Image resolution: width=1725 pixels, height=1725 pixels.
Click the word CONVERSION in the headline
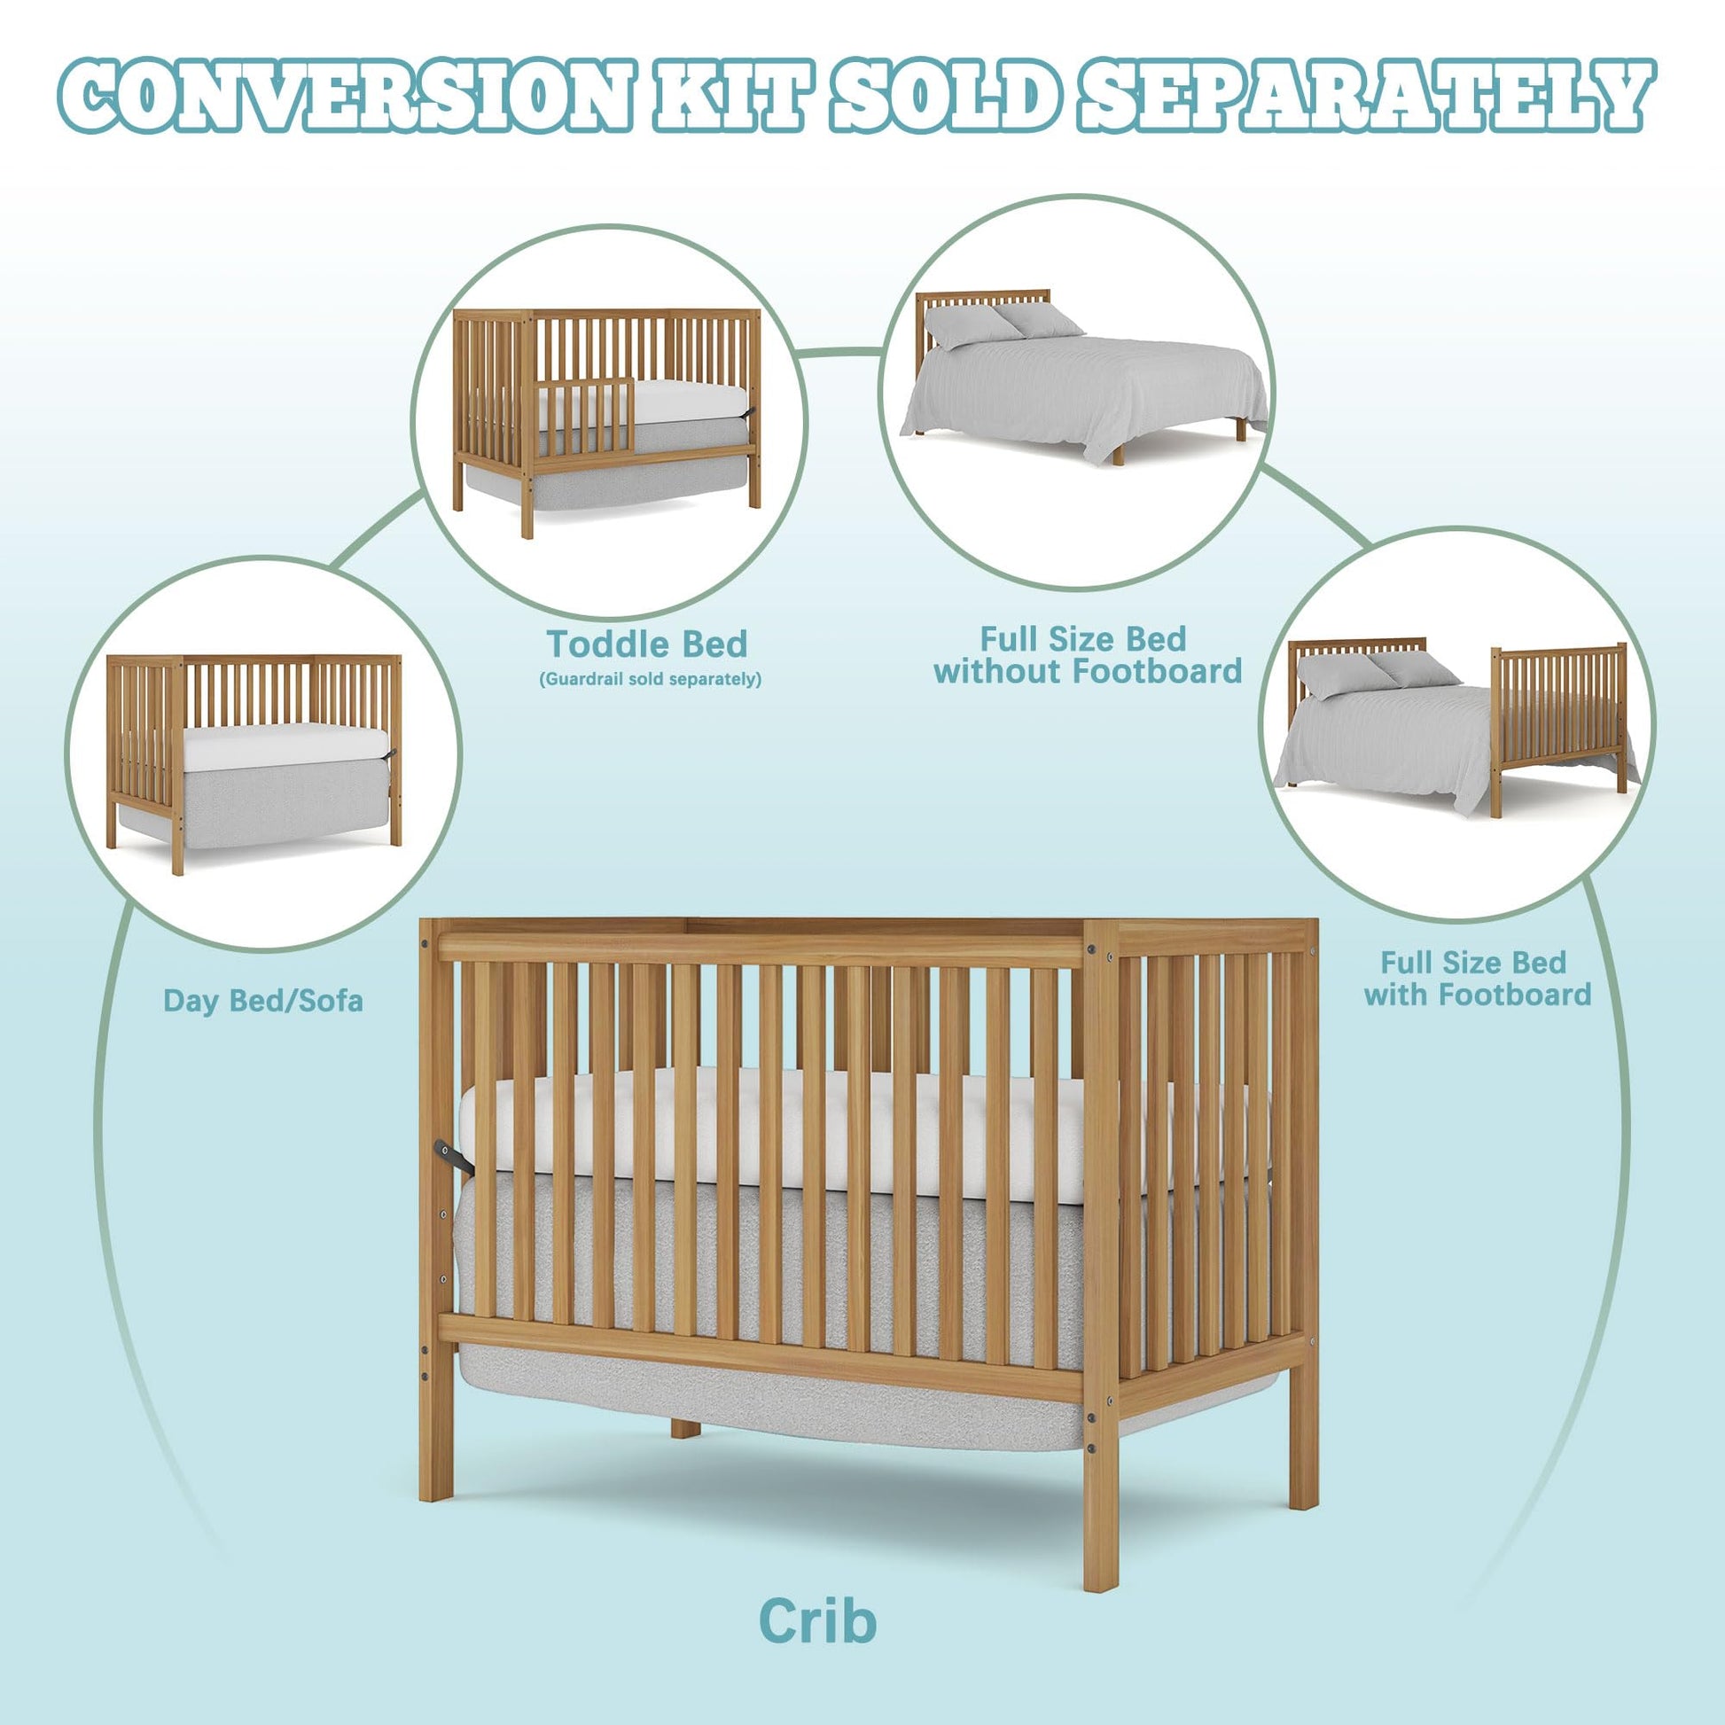347,97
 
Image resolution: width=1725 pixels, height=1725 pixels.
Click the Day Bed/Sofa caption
263,1001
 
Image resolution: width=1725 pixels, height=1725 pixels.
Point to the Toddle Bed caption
647,644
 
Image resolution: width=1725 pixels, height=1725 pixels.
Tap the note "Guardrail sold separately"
650,680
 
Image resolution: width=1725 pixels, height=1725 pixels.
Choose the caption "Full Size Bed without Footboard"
1088,654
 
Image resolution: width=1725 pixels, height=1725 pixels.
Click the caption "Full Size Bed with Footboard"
1477,978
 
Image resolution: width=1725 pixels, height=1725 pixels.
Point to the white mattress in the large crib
857,1134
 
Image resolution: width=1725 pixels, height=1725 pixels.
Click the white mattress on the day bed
285,747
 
